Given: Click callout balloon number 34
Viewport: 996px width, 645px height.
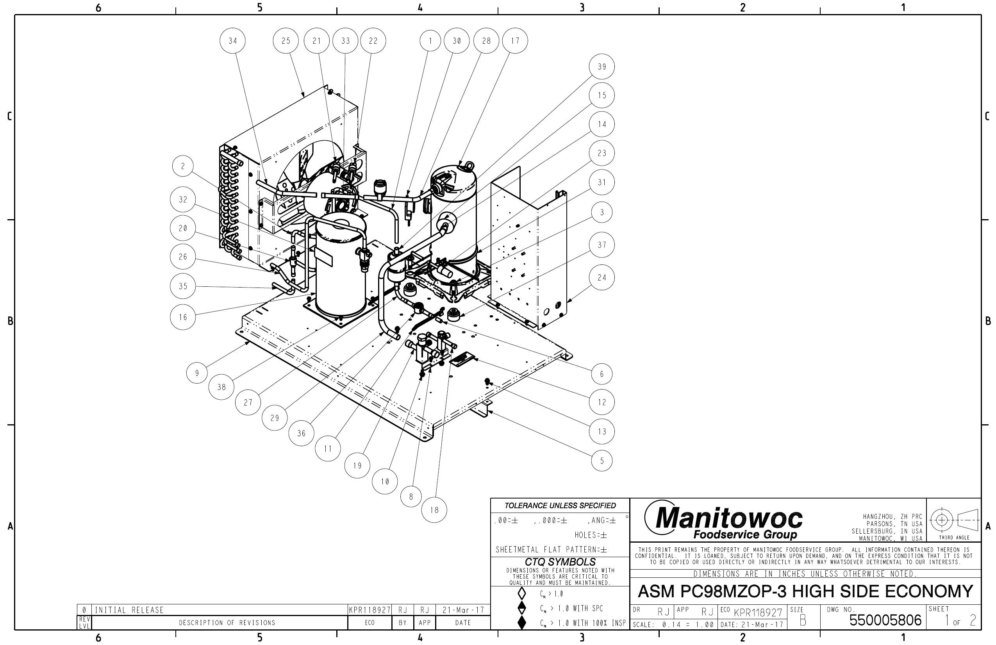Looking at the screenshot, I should pyautogui.click(x=233, y=41).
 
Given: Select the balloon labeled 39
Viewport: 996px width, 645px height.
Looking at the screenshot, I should pyautogui.click(x=602, y=66).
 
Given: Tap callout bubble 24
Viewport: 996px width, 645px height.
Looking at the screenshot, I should pyautogui.click(x=602, y=277).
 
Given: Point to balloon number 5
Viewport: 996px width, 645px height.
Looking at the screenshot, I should pyautogui.click(x=602, y=461).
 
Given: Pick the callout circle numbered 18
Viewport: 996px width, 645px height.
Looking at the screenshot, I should pyautogui.click(x=434, y=510).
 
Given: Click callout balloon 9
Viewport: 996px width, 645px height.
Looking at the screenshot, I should pyautogui.click(x=197, y=373).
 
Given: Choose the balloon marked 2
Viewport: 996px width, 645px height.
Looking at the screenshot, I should pyautogui.click(x=183, y=166).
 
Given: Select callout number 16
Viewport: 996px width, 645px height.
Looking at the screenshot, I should pyautogui.click(x=183, y=317).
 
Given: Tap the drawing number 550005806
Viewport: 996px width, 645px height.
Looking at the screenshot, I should pyautogui.click(x=885, y=620).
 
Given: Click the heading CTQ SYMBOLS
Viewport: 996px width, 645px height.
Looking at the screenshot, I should pyautogui.click(x=560, y=562).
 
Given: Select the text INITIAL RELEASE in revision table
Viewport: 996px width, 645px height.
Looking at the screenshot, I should pyautogui.click(x=129, y=610).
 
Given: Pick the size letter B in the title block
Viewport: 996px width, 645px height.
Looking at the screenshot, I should pyautogui.click(x=803, y=620).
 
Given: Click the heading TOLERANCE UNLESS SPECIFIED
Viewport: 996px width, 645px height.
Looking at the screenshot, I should pyautogui.click(x=560, y=506).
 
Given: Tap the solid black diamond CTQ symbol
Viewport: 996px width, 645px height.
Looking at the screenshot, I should pyautogui.click(x=522, y=622).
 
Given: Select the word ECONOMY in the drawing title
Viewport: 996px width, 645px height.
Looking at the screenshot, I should pyautogui.click(x=929, y=591).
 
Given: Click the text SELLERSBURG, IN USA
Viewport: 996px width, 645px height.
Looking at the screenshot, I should pyautogui.click(x=887, y=531).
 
